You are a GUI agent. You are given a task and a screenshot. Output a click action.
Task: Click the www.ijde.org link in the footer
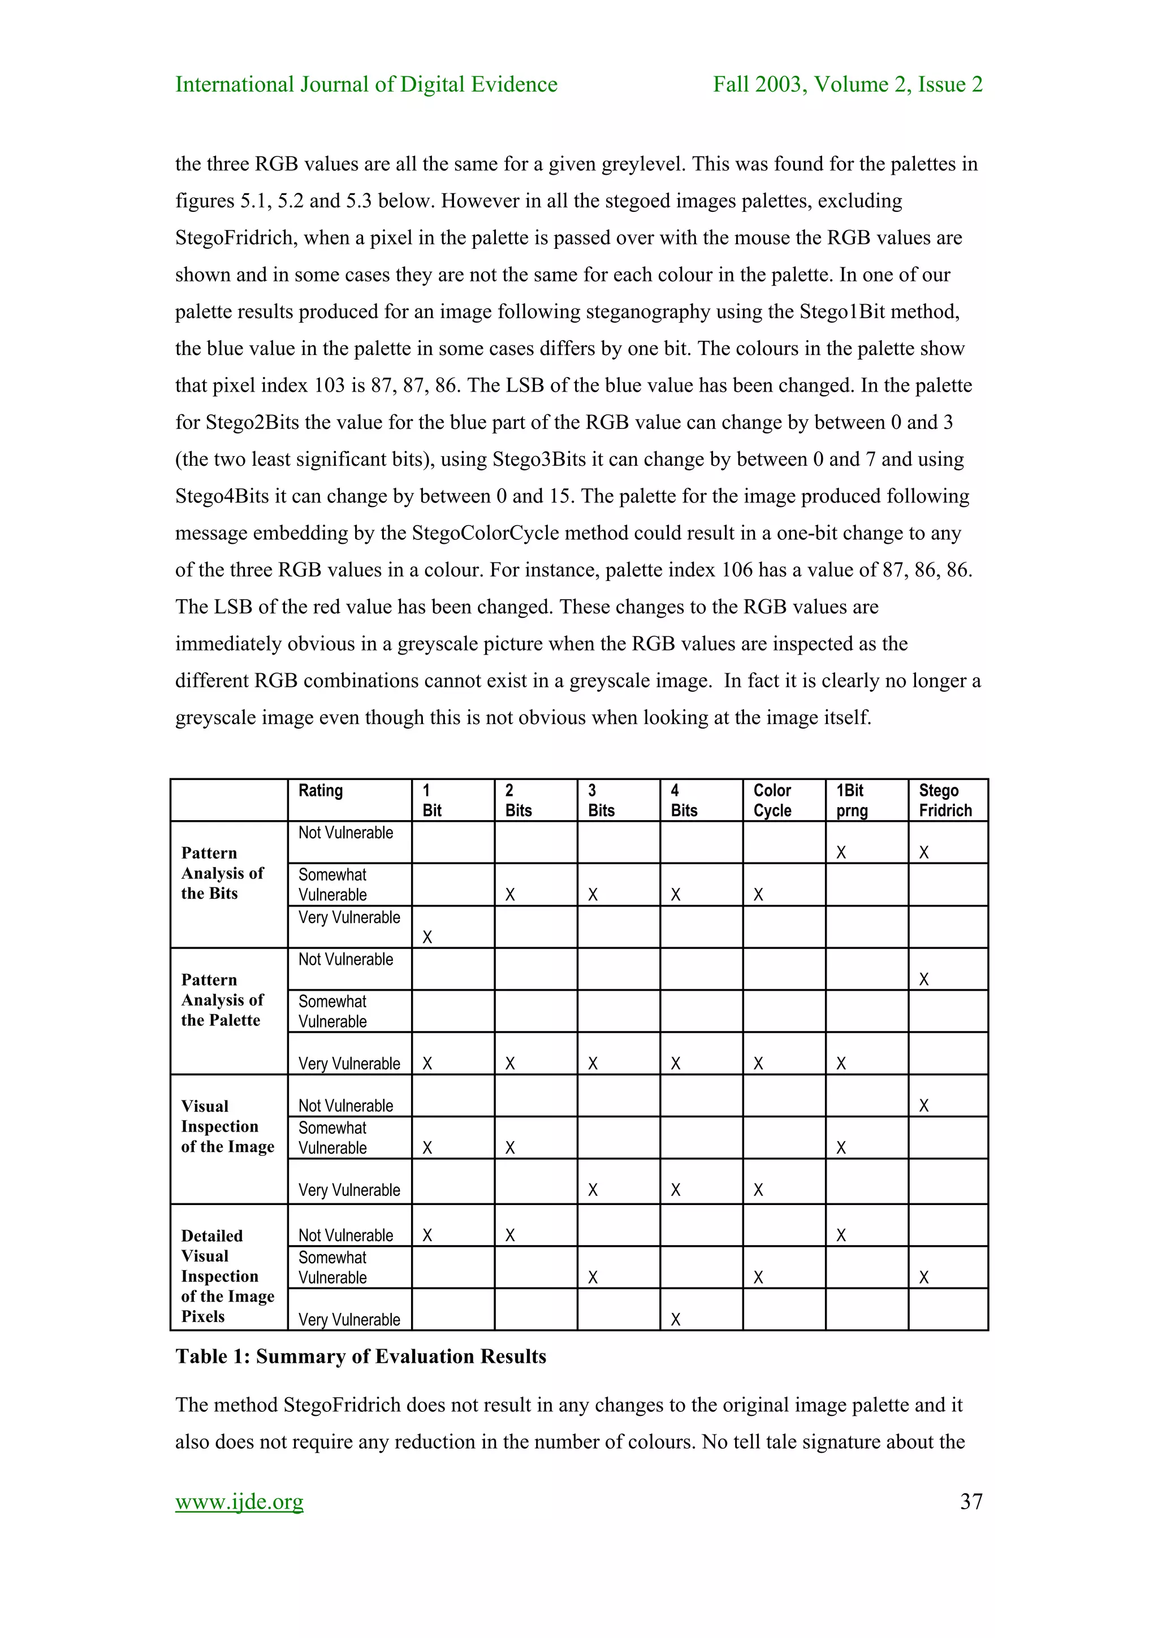coord(239,1501)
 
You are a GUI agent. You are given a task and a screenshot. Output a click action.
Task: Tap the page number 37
coord(971,1501)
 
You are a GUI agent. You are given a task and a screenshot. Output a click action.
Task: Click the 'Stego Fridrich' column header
coord(945,800)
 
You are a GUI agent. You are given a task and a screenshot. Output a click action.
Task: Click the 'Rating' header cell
coord(321,791)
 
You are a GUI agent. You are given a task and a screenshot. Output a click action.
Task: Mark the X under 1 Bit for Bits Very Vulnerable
coord(427,937)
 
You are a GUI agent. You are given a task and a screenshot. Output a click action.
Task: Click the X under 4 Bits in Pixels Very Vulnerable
coord(676,1319)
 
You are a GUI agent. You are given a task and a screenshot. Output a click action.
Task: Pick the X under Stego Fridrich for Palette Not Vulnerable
coord(924,979)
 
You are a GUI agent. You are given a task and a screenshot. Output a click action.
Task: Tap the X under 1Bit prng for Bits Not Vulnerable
coord(841,852)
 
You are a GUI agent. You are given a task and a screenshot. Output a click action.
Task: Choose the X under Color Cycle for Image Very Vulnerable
coord(758,1189)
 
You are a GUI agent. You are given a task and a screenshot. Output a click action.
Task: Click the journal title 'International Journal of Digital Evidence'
coord(366,84)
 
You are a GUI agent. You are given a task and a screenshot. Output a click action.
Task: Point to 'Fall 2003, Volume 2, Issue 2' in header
coord(848,84)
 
